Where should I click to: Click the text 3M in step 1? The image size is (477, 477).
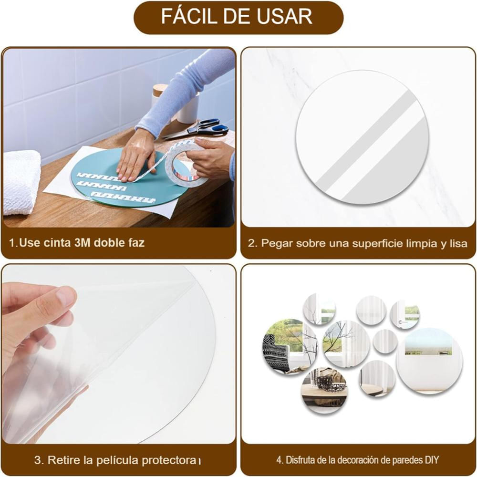[82, 243]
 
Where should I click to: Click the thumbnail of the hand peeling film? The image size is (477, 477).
[119, 354]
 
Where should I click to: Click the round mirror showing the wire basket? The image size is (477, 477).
[325, 391]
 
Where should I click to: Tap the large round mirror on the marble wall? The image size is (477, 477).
[363, 137]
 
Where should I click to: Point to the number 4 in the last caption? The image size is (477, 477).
[279, 460]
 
